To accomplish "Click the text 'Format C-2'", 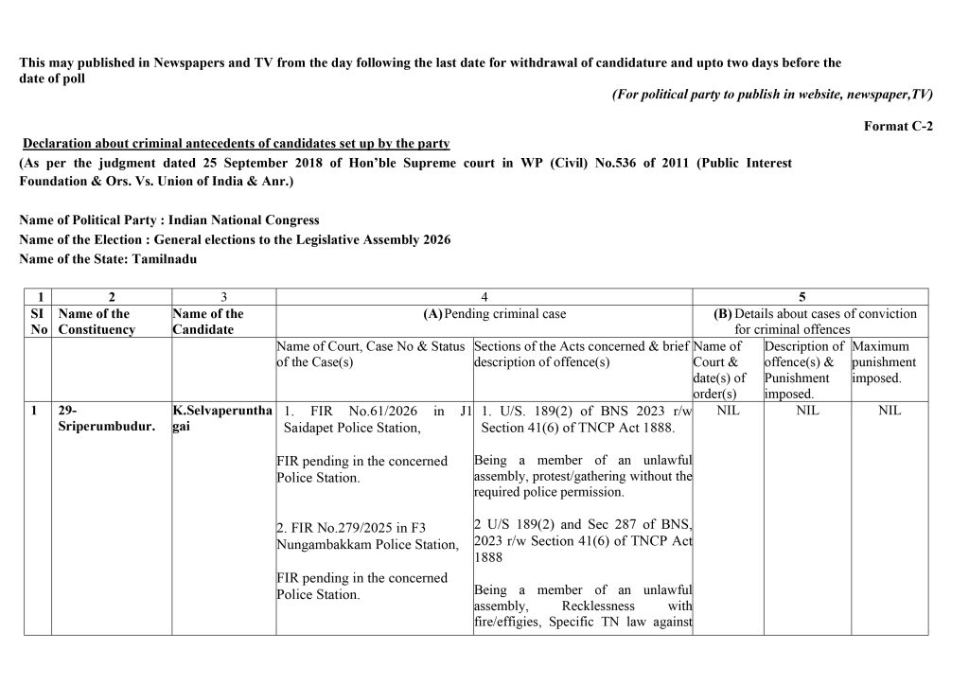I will [898, 127].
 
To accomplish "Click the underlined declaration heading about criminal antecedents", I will [237, 144].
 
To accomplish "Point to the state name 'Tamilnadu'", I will [165, 258].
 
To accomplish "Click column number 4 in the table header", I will [484, 297].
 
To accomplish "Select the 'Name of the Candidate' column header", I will [208, 322].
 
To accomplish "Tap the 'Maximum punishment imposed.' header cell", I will [885, 362].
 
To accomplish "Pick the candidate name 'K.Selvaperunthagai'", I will [221, 419].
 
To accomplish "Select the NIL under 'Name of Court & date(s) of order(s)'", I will [728, 411].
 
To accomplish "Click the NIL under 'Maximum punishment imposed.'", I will [890, 411].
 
